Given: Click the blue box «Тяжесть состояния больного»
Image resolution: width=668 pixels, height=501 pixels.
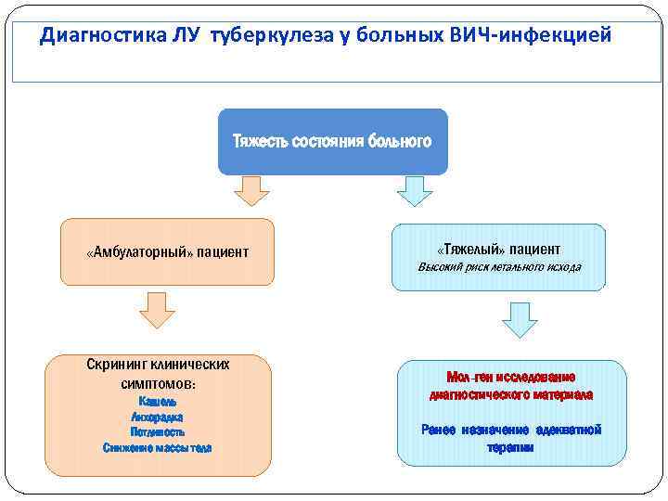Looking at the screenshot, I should point(332,142).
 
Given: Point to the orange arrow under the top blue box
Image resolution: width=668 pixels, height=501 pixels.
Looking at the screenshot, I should point(250,191).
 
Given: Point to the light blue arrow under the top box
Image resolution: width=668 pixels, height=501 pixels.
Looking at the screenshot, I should point(415,191).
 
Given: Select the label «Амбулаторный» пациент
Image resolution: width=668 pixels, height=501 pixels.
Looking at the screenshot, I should point(167,252).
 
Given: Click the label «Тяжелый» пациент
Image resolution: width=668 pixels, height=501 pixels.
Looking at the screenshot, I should point(498,250).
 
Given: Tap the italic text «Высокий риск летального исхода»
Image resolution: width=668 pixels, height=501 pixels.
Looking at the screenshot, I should point(499,267).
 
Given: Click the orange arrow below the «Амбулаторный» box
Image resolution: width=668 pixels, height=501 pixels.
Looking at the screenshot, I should point(161,310).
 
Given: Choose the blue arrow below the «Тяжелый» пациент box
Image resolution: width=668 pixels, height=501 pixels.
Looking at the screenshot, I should point(520,317).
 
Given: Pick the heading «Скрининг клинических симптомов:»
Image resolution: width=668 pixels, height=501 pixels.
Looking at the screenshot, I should point(158,373).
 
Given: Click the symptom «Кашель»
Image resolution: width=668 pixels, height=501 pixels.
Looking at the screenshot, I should point(158,402).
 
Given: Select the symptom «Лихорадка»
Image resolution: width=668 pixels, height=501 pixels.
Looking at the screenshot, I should point(158,417).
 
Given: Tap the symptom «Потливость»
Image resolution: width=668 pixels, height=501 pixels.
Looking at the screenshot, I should point(158,432).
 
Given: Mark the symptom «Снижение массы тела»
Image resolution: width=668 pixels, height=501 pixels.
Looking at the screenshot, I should point(158,448).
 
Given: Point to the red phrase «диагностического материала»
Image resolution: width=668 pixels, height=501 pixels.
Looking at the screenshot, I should point(511,394).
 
